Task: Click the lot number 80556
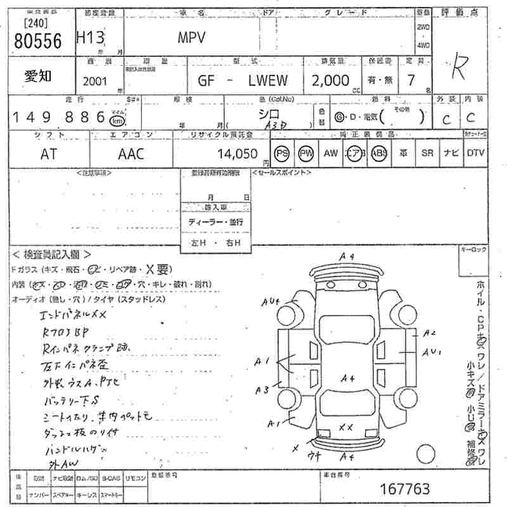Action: [x=37, y=42]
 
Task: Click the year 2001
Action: [x=95, y=80]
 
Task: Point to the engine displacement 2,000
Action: [x=330, y=80]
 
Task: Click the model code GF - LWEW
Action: [x=243, y=80]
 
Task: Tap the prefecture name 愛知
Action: [x=38, y=75]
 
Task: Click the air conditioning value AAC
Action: [x=131, y=153]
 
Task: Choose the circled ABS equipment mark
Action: [x=379, y=153]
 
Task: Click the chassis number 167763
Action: [x=405, y=489]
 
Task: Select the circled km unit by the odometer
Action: [x=117, y=120]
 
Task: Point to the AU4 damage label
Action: [x=270, y=303]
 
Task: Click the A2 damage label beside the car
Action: [x=430, y=332]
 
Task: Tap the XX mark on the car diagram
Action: [x=345, y=428]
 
